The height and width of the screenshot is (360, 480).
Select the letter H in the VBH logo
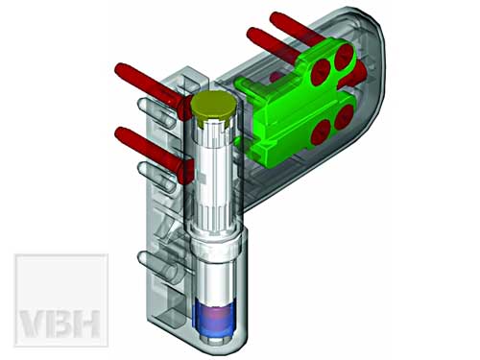pyautogui.click(x=85, y=324)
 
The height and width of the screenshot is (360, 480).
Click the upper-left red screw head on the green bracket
pyautogui.click(x=322, y=72)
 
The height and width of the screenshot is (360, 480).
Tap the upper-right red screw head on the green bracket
pyautogui.click(x=344, y=58)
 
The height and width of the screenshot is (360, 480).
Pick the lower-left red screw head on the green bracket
pyautogui.click(x=321, y=132)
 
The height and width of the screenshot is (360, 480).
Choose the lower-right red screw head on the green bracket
pyautogui.click(x=344, y=117)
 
